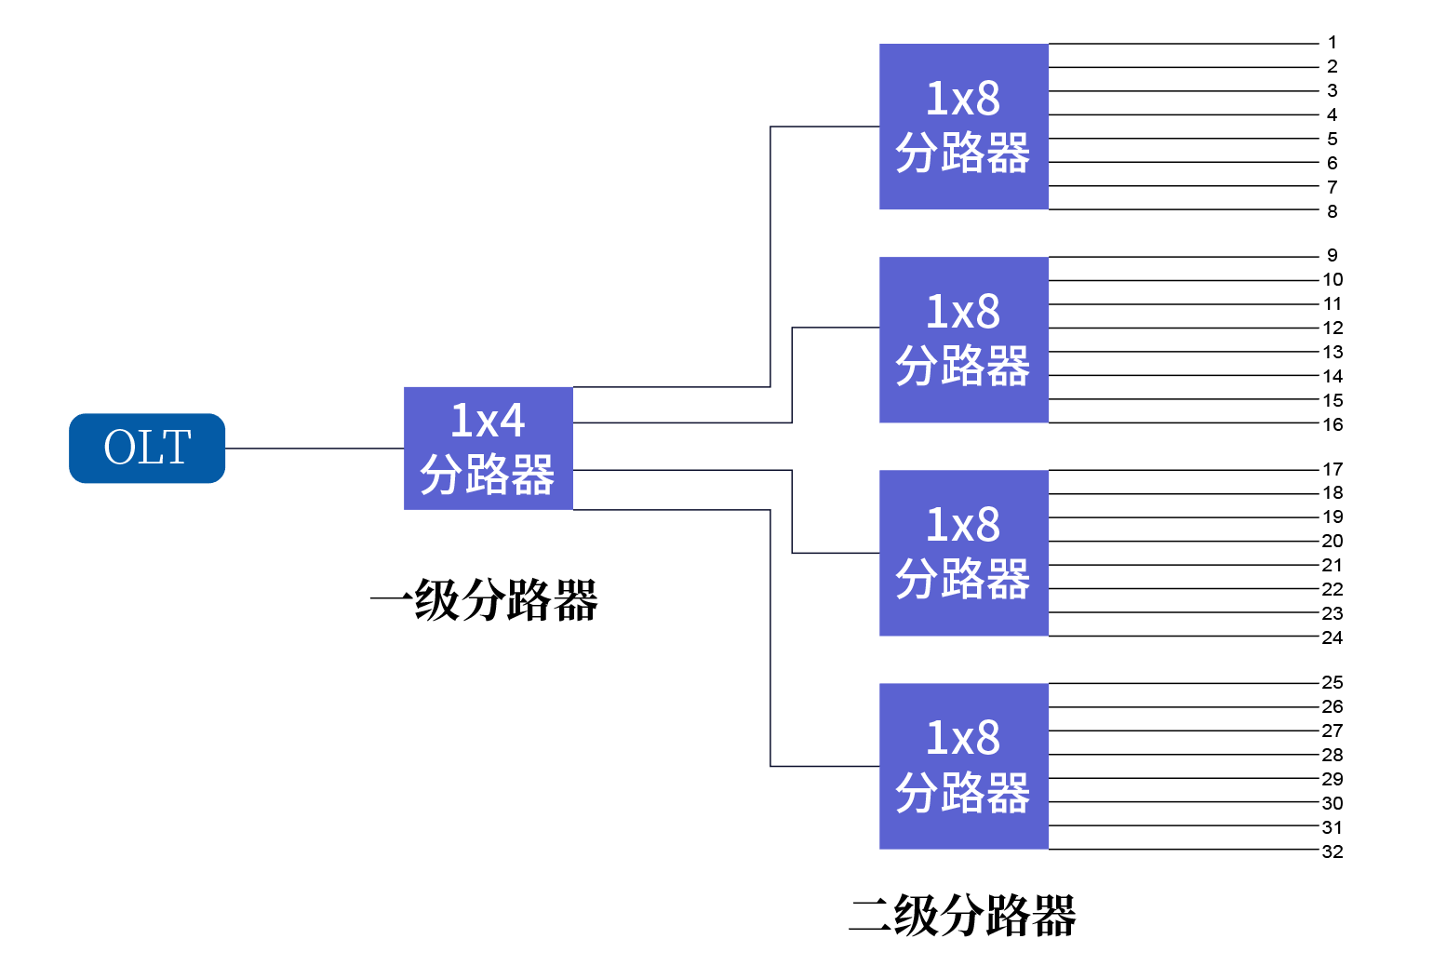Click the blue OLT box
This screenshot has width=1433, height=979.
click(x=147, y=448)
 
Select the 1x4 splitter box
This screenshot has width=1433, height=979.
click(x=488, y=448)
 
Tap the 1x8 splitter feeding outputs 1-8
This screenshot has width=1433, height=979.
click(x=963, y=127)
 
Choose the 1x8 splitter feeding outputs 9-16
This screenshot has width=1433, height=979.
click(x=963, y=340)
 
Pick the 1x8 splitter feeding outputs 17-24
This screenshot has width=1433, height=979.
click(x=963, y=553)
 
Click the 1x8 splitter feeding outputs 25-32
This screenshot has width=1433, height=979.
click(x=963, y=766)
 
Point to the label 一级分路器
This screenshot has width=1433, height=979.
click(x=485, y=600)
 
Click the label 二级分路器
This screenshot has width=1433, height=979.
click(x=963, y=916)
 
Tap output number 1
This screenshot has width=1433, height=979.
click(x=1332, y=43)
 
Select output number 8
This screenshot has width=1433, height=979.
click(x=1332, y=211)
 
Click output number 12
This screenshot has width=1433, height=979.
click(x=1333, y=328)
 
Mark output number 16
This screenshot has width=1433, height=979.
click(x=1333, y=424)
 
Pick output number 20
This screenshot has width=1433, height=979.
click(x=1333, y=541)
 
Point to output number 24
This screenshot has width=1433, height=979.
click(x=1333, y=637)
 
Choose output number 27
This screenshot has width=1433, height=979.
click(x=1333, y=731)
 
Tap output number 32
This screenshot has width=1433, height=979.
click(x=1333, y=852)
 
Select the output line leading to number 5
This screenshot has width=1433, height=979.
click(x=1182, y=139)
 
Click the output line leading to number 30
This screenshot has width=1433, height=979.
click(x=1182, y=801)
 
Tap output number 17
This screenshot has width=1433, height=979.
click(x=1333, y=469)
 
